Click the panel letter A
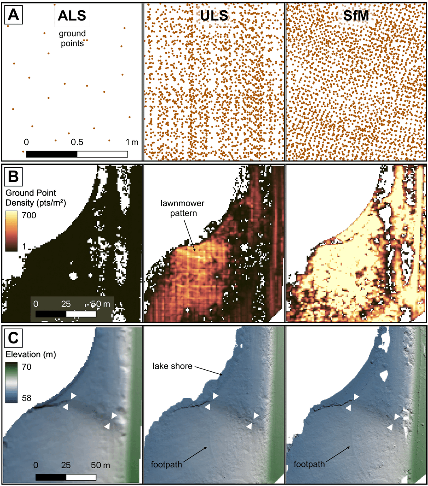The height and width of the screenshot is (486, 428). tap(14, 16)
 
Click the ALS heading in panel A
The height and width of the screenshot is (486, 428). tap(72, 16)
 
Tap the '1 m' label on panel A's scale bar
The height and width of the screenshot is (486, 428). tap(132, 142)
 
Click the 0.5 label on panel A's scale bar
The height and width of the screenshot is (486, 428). tap(77, 142)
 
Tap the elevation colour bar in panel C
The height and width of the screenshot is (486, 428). tap(11, 381)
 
